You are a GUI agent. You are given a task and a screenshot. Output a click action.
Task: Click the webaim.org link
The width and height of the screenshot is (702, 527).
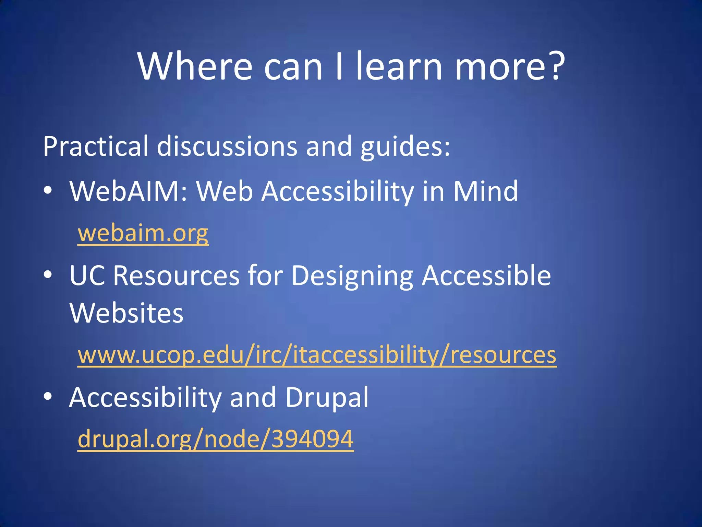click(143, 233)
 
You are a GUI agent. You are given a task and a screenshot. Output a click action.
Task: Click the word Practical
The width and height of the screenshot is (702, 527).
click(96, 147)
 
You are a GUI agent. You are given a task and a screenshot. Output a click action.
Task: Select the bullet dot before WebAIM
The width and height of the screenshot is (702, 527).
click(48, 190)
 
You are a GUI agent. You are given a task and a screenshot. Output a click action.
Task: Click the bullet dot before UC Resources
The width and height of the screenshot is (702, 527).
click(48, 275)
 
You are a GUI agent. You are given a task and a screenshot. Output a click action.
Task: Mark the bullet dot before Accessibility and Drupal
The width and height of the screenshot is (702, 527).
click(48, 396)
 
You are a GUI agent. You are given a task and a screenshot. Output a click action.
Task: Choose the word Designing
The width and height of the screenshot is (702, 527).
click(352, 276)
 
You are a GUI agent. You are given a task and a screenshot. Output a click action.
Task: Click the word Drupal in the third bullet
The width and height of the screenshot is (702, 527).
click(327, 398)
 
